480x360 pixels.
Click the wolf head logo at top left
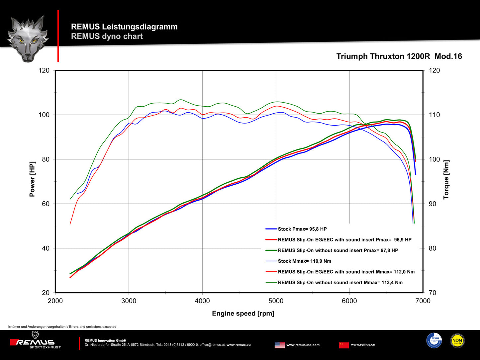tap(28, 38)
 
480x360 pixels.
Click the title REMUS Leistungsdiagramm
tap(124, 27)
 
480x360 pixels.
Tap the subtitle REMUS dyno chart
tap(107, 36)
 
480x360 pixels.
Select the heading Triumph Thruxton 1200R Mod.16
tap(399, 56)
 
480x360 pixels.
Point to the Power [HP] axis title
tap(32, 179)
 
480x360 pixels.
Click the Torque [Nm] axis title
tap(446, 180)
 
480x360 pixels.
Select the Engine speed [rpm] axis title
tap(243, 313)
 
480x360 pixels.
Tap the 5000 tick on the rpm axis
tap(276, 301)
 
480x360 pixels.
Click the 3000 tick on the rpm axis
tap(129, 301)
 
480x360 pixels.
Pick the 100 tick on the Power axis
tap(44, 115)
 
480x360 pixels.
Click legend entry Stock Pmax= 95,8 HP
tap(302, 229)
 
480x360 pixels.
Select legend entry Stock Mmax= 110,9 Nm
tap(304, 261)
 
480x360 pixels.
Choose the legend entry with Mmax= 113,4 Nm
tap(340, 282)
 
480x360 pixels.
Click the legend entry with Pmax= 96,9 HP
tap(344, 239)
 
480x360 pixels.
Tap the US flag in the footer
tap(280, 345)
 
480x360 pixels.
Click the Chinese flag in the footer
tap(344, 345)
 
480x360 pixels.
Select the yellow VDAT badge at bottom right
tap(457, 341)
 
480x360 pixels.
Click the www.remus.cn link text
tap(363, 344)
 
